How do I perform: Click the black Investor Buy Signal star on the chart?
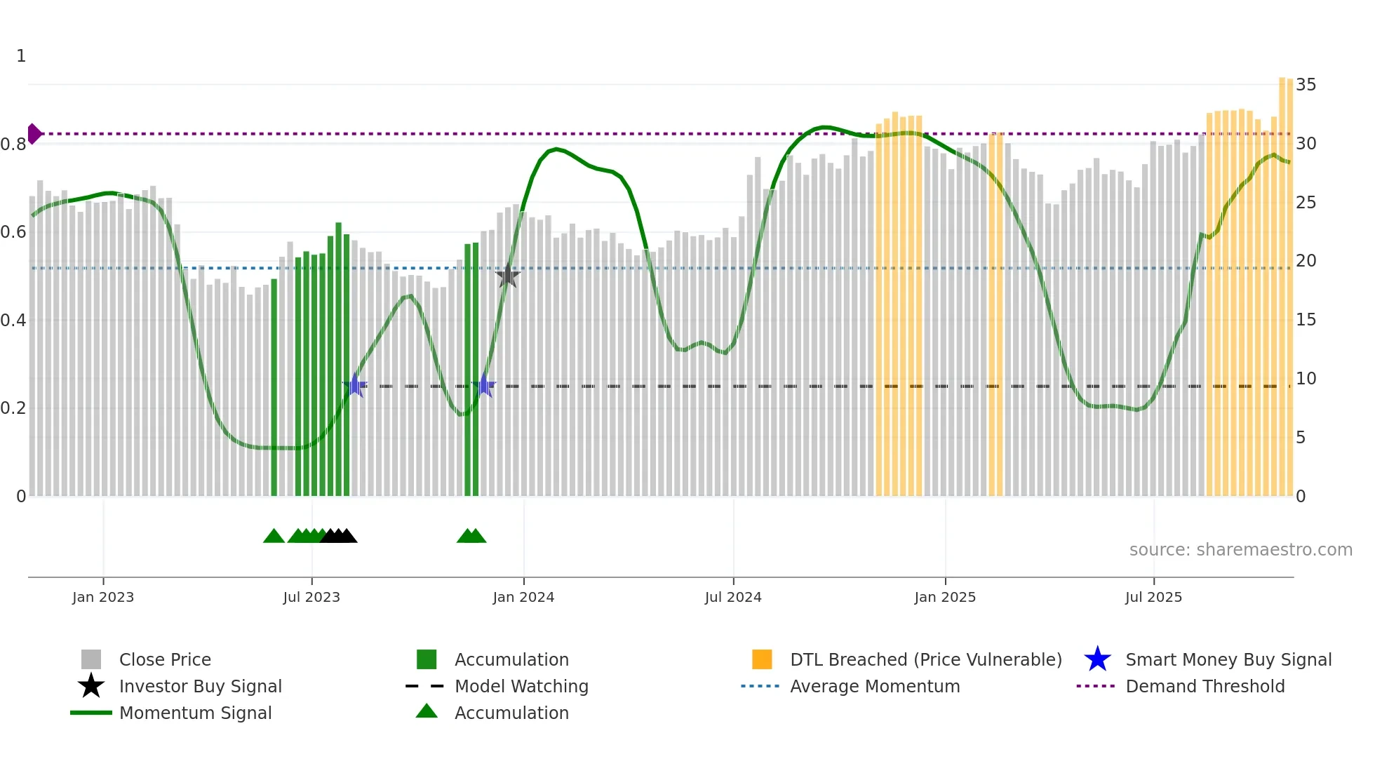coord(507,276)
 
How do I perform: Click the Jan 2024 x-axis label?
coord(523,597)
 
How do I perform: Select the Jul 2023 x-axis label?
coord(311,597)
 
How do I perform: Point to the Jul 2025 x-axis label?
coord(1153,597)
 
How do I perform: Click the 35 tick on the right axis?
coord(1306,85)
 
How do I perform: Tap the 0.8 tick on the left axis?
coord(14,144)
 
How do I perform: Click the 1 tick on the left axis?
coord(21,56)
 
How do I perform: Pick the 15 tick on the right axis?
coord(1306,320)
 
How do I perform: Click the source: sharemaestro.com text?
coord(1240,550)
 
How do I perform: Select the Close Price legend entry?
coord(165,659)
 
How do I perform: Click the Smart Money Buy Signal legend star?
coord(1097,659)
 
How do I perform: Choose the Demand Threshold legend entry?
coord(1205,686)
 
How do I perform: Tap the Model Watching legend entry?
coord(521,686)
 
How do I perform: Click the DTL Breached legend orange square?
coord(762,659)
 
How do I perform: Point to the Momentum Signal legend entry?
coord(195,713)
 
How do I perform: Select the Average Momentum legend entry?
coord(875,686)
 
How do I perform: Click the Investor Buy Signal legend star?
coord(91,686)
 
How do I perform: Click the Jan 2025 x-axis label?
coord(945,597)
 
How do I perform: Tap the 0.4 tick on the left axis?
coord(14,321)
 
